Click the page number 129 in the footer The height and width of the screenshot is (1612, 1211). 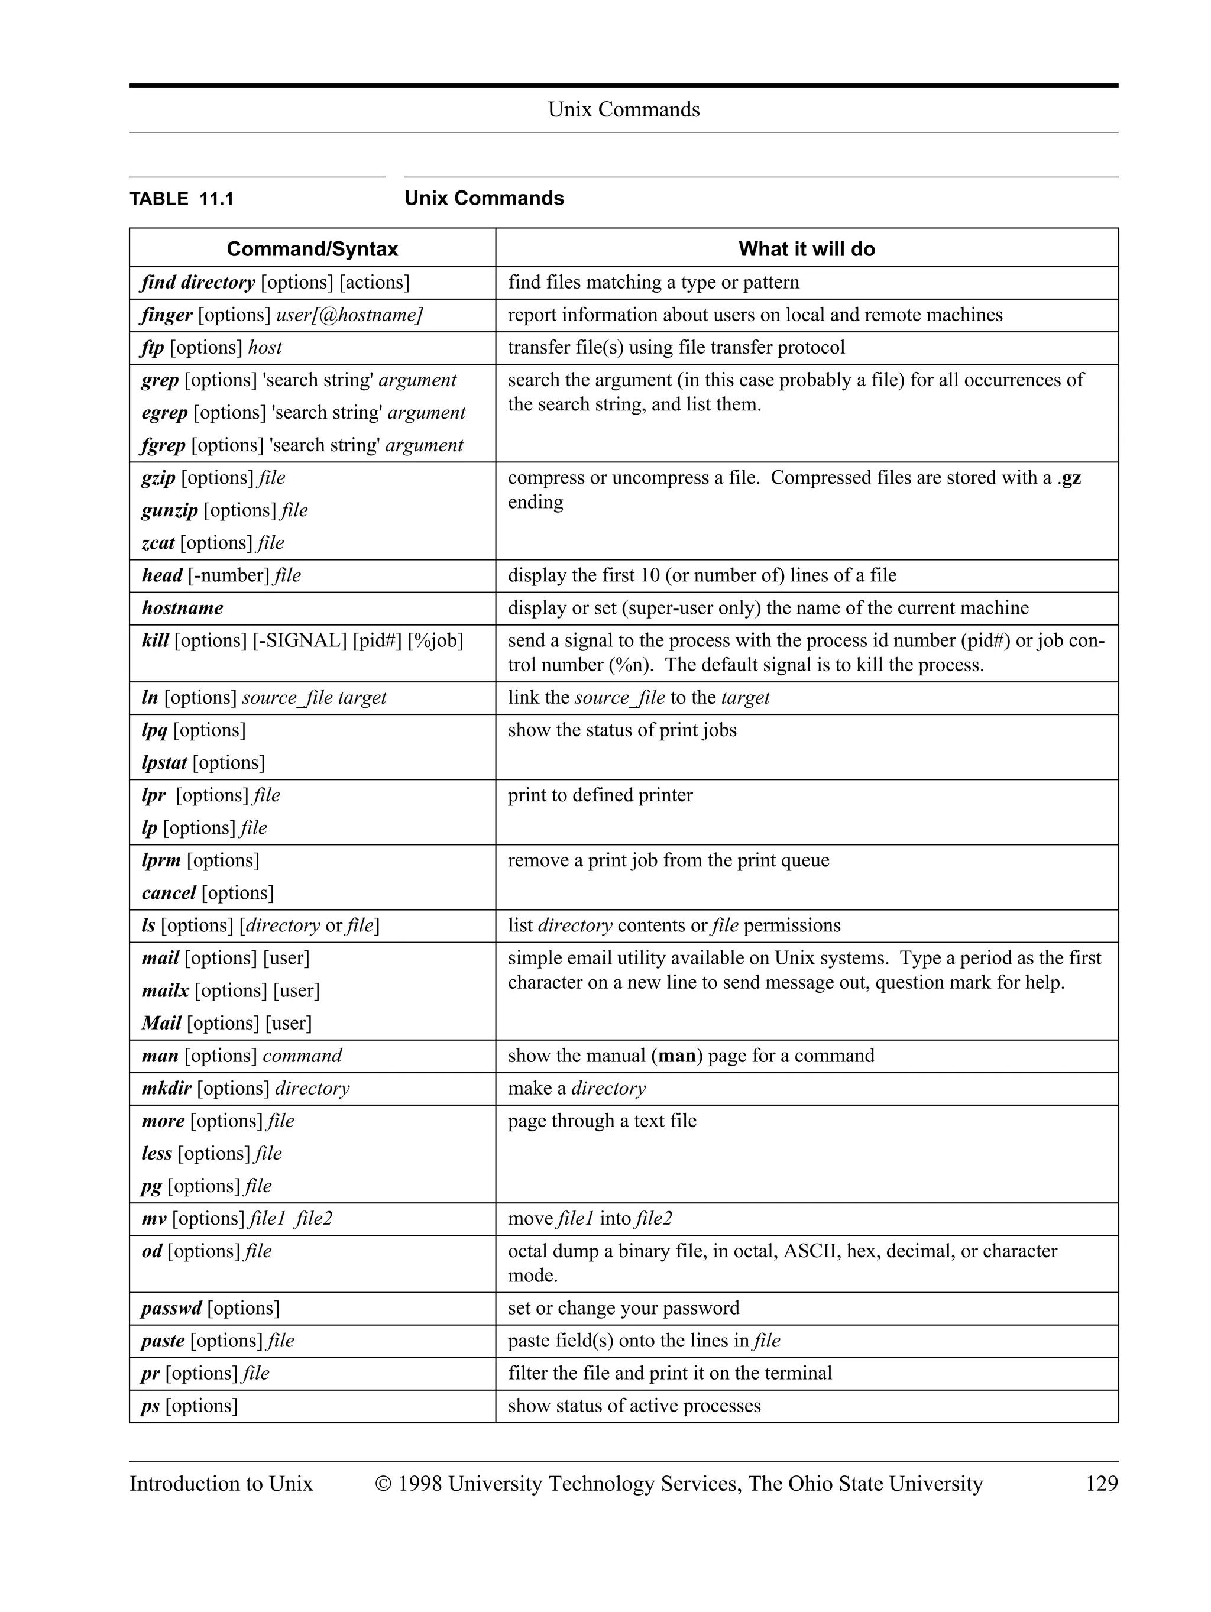click(1101, 1483)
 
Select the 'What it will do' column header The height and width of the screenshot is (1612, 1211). click(806, 249)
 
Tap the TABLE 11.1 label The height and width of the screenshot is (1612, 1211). click(182, 199)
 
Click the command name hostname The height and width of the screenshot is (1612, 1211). click(182, 608)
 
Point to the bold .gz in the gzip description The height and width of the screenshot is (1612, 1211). click(1070, 478)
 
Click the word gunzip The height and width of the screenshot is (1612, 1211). click(169, 510)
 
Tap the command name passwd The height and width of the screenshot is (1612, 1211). click(171, 1308)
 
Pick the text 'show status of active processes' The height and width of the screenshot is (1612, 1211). click(634, 1406)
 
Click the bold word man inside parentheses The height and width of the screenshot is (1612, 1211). click(676, 1056)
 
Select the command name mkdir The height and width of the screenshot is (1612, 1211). click(166, 1089)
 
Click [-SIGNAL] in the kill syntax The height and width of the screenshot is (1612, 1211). click(299, 640)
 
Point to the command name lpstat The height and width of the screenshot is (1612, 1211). click(164, 763)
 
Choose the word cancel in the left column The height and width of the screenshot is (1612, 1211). click(169, 893)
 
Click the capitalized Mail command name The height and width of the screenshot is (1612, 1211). click(161, 1023)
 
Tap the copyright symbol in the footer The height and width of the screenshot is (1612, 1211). click(384, 1483)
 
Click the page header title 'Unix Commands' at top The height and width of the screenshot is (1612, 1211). click(623, 109)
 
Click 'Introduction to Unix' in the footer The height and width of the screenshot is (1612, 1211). click(221, 1483)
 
